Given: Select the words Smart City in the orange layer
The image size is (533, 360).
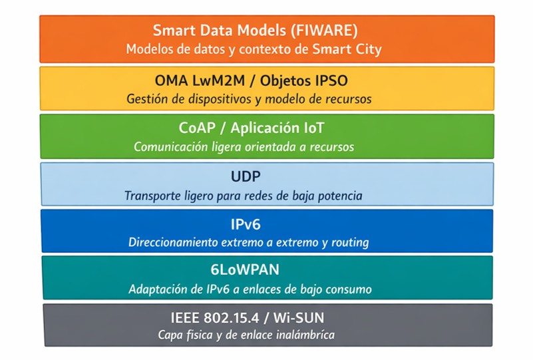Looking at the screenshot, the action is coord(347,49).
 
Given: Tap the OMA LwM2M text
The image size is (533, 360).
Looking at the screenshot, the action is coord(200,81).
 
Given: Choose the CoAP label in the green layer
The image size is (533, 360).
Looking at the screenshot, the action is coord(197,128).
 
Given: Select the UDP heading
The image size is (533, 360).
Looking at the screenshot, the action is coord(246,176).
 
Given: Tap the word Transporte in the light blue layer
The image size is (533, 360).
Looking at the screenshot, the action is coord(152,196).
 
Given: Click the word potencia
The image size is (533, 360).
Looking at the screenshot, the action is coord(340,196).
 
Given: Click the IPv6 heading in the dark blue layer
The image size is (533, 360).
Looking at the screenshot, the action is coord(246,224).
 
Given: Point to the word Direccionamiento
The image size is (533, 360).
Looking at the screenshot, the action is coord(173,242).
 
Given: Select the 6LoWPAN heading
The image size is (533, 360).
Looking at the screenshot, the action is coord(245,270).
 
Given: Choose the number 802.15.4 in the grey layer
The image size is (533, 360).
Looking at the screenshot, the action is coord(232,318).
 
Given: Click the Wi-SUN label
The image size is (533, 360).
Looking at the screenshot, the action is coord(299,318).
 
